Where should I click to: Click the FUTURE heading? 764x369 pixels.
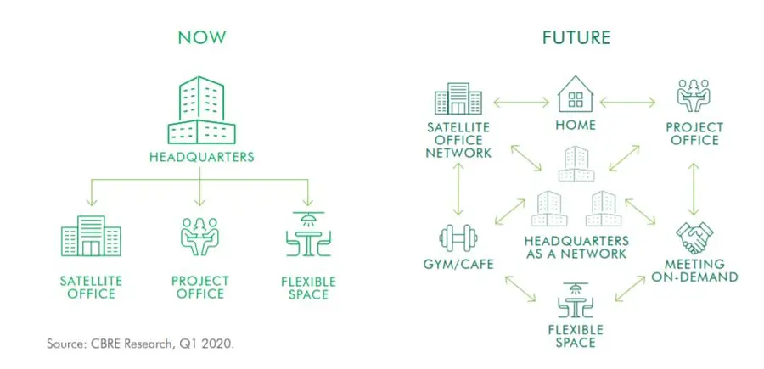pyautogui.click(x=576, y=37)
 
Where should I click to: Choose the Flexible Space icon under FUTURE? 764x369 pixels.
pyautogui.click(x=576, y=299)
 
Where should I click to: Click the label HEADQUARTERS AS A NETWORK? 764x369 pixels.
pyautogui.click(x=576, y=247)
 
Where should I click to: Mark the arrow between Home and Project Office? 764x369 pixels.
pyautogui.click(x=629, y=103)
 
